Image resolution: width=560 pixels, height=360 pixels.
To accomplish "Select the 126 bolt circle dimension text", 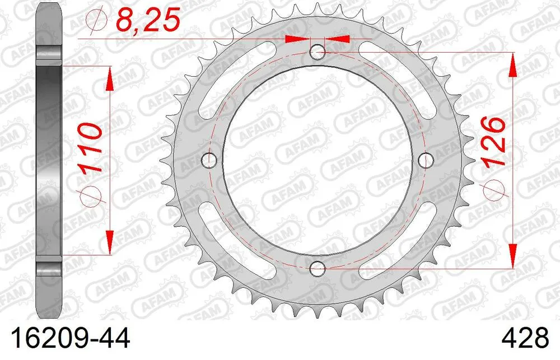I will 493,142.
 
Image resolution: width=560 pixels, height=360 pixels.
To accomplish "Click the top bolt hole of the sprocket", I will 318,52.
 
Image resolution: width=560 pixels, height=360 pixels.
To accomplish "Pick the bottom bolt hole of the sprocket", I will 318,268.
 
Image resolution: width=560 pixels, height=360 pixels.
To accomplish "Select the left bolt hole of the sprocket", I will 211,160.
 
